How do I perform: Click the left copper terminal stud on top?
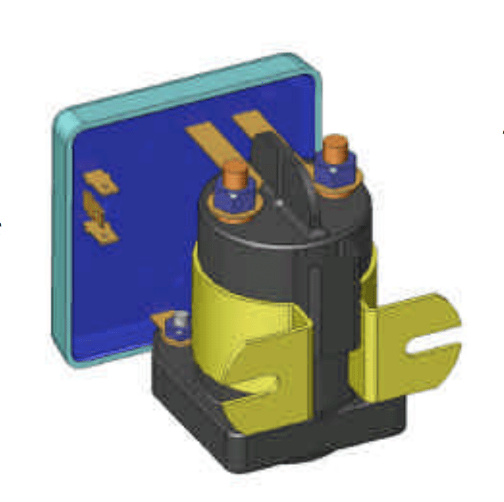[x=235, y=173]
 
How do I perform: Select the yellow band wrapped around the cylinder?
[x=223, y=299]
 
